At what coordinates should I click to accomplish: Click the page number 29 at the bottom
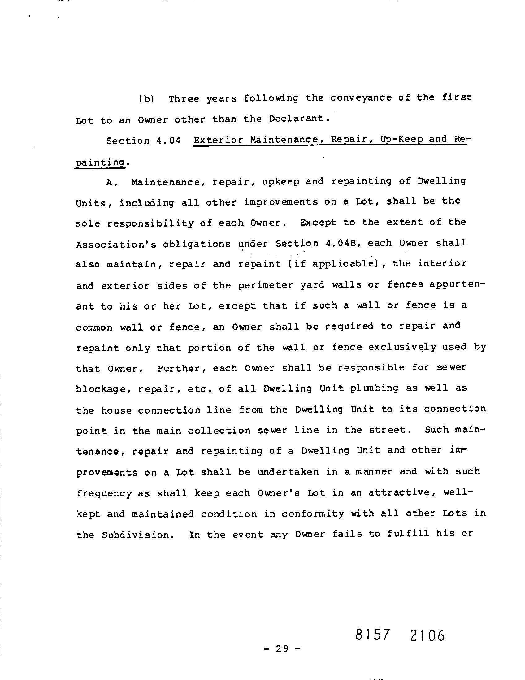(282, 648)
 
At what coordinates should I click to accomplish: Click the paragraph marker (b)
(146, 99)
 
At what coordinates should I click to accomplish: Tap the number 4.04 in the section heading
(168, 141)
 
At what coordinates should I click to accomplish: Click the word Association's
(116, 244)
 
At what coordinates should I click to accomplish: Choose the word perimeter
(266, 285)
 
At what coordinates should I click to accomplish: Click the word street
(387, 430)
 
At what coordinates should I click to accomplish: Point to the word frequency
(104, 493)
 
